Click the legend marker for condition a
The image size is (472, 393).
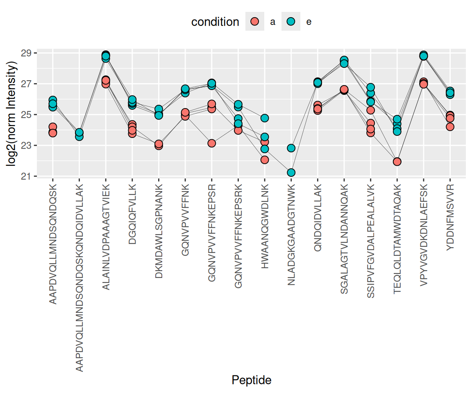[x=255, y=22]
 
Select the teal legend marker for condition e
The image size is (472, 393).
[x=291, y=22]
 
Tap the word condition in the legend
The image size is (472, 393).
[x=215, y=22]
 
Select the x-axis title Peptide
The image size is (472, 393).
[x=252, y=380]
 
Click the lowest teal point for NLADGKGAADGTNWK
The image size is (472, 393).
[x=291, y=172]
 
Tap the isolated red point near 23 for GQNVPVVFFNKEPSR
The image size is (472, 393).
[x=212, y=143]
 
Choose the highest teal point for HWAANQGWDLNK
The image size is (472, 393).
[x=265, y=118]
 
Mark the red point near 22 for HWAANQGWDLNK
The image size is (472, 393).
[x=265, y=160]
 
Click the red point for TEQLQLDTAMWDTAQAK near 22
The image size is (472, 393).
[x=397, y=162]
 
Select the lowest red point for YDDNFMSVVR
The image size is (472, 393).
[x=450, y=126]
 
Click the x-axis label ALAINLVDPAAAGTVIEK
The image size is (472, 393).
[x=106, y=235]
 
